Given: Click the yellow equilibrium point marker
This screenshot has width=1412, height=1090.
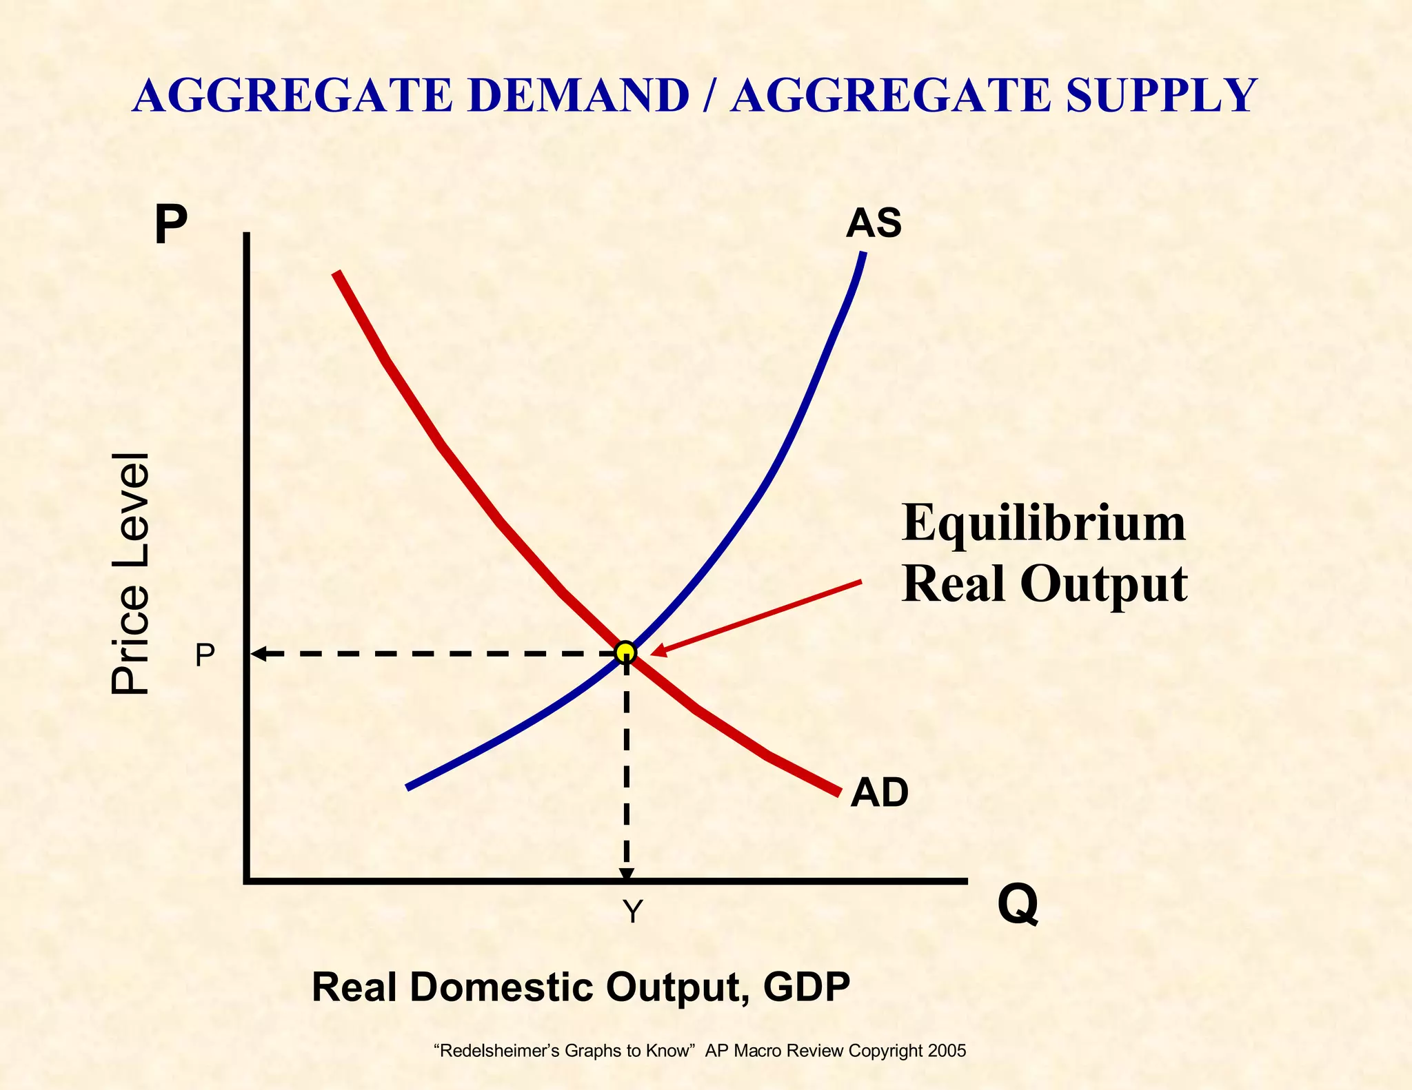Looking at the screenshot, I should [x=625, y=651].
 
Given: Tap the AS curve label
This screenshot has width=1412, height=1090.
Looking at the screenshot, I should [x=874, y=223].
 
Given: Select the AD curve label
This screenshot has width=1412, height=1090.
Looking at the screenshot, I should [x=879, y=792].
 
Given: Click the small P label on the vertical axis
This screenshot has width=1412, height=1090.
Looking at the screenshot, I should [x=205, y=655].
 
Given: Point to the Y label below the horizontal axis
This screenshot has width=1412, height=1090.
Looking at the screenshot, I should [x=632, y=912].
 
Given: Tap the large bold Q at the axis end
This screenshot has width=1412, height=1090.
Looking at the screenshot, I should [x=1018, y=905].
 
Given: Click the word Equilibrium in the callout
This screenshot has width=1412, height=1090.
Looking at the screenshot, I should [x=1043, y=524].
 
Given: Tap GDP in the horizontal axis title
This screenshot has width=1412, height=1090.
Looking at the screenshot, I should [x=806, y=987].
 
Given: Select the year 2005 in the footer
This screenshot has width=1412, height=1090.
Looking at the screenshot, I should [x=947, y=1051].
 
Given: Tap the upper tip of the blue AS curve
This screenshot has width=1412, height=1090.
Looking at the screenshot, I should [x=863, y=255].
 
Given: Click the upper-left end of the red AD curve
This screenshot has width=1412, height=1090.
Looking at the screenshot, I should [x=336, y=274].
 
